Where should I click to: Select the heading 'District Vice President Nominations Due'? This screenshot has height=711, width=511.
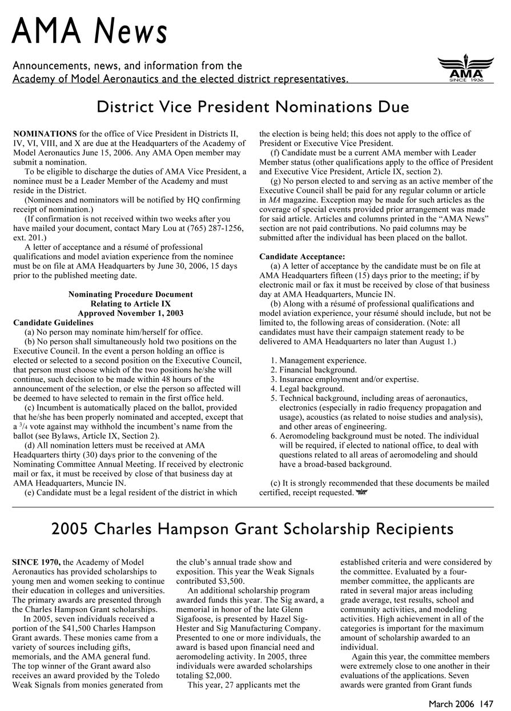[x=253, y=107]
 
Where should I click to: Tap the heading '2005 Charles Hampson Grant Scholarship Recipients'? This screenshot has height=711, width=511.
[x=253, y=529]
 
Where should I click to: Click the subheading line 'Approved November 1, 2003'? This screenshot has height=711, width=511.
[x=131, y=313]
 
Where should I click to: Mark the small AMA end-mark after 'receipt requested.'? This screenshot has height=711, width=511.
[x=360, y=492]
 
